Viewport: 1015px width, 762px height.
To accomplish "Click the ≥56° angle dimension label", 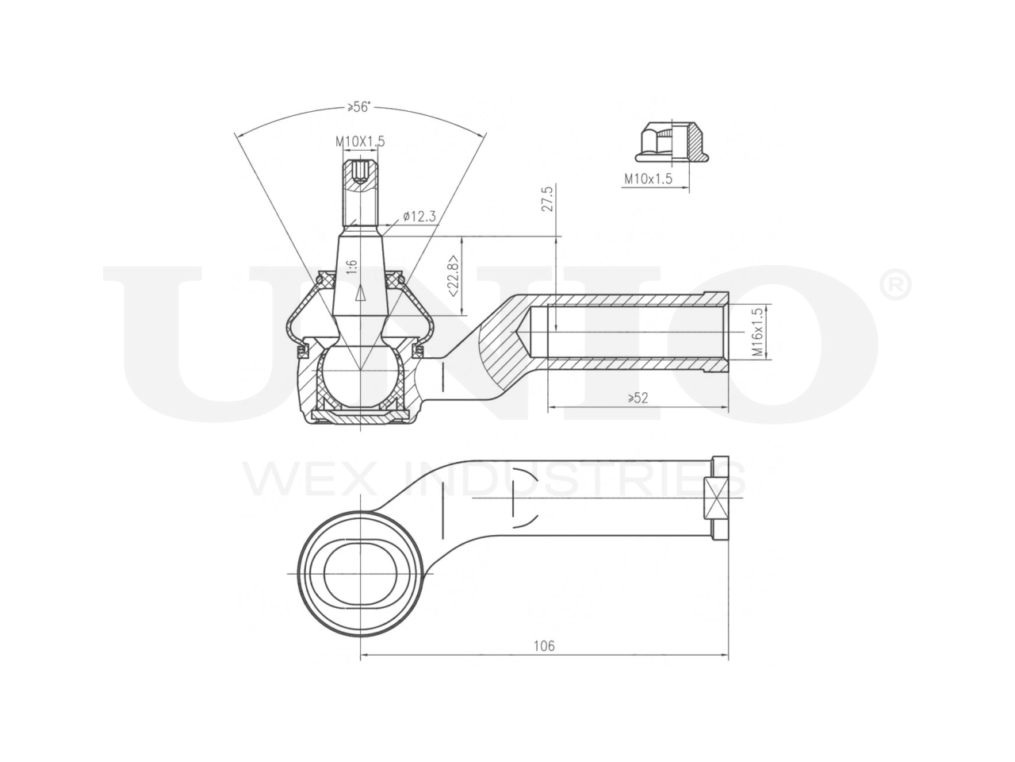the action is (x=359, y=107).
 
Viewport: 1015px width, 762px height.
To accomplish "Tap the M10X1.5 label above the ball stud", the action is (x=360, y=141).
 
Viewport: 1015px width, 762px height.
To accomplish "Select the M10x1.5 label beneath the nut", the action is (x=648, y=179).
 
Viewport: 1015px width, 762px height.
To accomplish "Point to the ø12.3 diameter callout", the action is (x=419, y=216).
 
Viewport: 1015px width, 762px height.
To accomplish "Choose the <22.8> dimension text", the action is (x=453, y=276).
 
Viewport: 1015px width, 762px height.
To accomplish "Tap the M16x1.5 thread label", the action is (x=757, y=332).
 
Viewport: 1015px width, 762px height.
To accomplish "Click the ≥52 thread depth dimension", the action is (x=638, y=398).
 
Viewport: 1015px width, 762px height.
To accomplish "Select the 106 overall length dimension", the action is (x=544, y=645).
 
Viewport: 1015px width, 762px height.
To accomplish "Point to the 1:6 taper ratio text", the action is (x=351, y=267).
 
